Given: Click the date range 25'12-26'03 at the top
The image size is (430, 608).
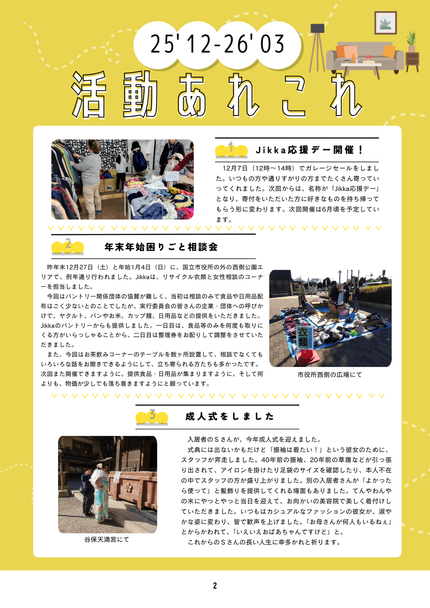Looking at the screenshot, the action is (x=217, y=44).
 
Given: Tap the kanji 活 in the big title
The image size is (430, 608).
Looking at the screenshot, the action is (x=89, y=95).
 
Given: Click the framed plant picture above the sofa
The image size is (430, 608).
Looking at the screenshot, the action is (x=386, y=23).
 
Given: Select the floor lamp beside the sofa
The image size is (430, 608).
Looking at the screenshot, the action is (x=317, y=48).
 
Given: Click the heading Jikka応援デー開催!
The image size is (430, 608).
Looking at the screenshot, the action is (x=309, y=150).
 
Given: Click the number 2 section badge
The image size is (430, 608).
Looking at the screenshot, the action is (x=68, y=246).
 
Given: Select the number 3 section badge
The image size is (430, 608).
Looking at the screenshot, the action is (x=152, y=417).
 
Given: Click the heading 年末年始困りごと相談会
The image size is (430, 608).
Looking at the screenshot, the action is (x=161, y=247).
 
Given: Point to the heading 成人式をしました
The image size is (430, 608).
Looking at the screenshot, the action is (x=230, y=417).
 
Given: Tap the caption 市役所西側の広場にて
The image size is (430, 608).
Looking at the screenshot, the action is (x=330, y=375).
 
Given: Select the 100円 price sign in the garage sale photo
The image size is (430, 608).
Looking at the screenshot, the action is (x=172, y=176).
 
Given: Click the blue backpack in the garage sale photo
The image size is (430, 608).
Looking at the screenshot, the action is (x=140, y=161).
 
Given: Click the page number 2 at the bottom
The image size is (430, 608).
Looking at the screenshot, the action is (x=215, y=586).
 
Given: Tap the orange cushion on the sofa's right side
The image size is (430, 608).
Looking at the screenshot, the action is (x=389, y=51).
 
